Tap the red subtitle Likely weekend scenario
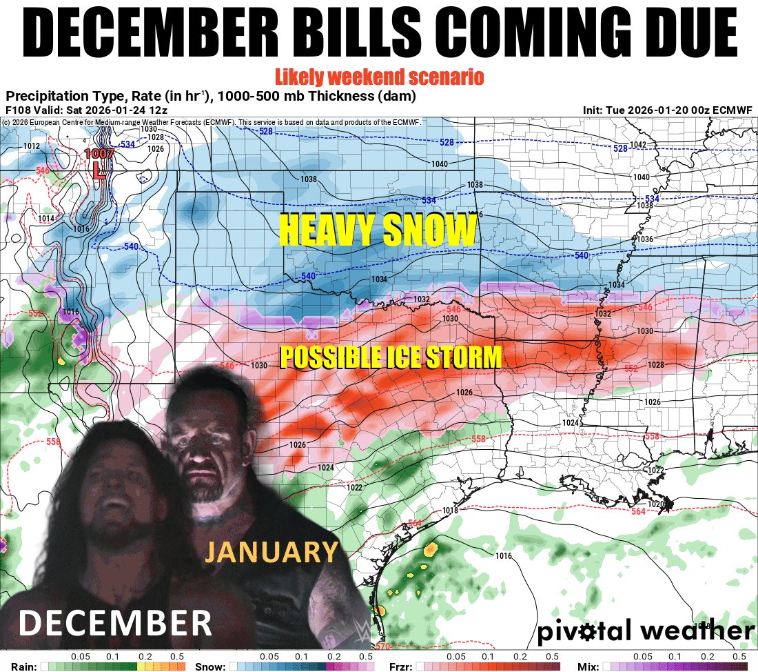pyautogui.click(x=378, y=75)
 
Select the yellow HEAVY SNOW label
pyautogui.click(x=378, y=230)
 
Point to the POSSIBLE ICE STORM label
pyautogui.click(x=390, y=357)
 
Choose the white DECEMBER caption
pyautogui.click(x=114, y=622)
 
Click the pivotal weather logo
pyautogui.click(x=645, y=631)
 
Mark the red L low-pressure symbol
pyautogui.click(x=99, y=170)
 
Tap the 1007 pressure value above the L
pyautogui.click(x=97, y=155)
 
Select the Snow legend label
pyautogui.click(x=209, y=666)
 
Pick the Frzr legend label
pyautogui.click(x=401, y=666)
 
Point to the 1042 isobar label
pyautogui.click(x=639, y=145)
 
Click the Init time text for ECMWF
pyautogui.click(x=668, y=110)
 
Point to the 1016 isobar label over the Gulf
pyautogui.click(x=504, y=556)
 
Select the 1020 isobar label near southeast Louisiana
pyautogui.click(x=656, y=504)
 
